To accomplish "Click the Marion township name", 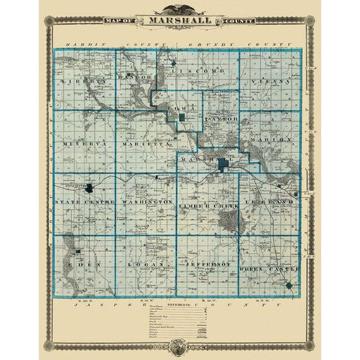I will [x=273, y=139].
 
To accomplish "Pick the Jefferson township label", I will [x=206, y=266].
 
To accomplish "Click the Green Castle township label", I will [x=269, y=268].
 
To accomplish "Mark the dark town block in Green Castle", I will [x=289, y=286].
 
